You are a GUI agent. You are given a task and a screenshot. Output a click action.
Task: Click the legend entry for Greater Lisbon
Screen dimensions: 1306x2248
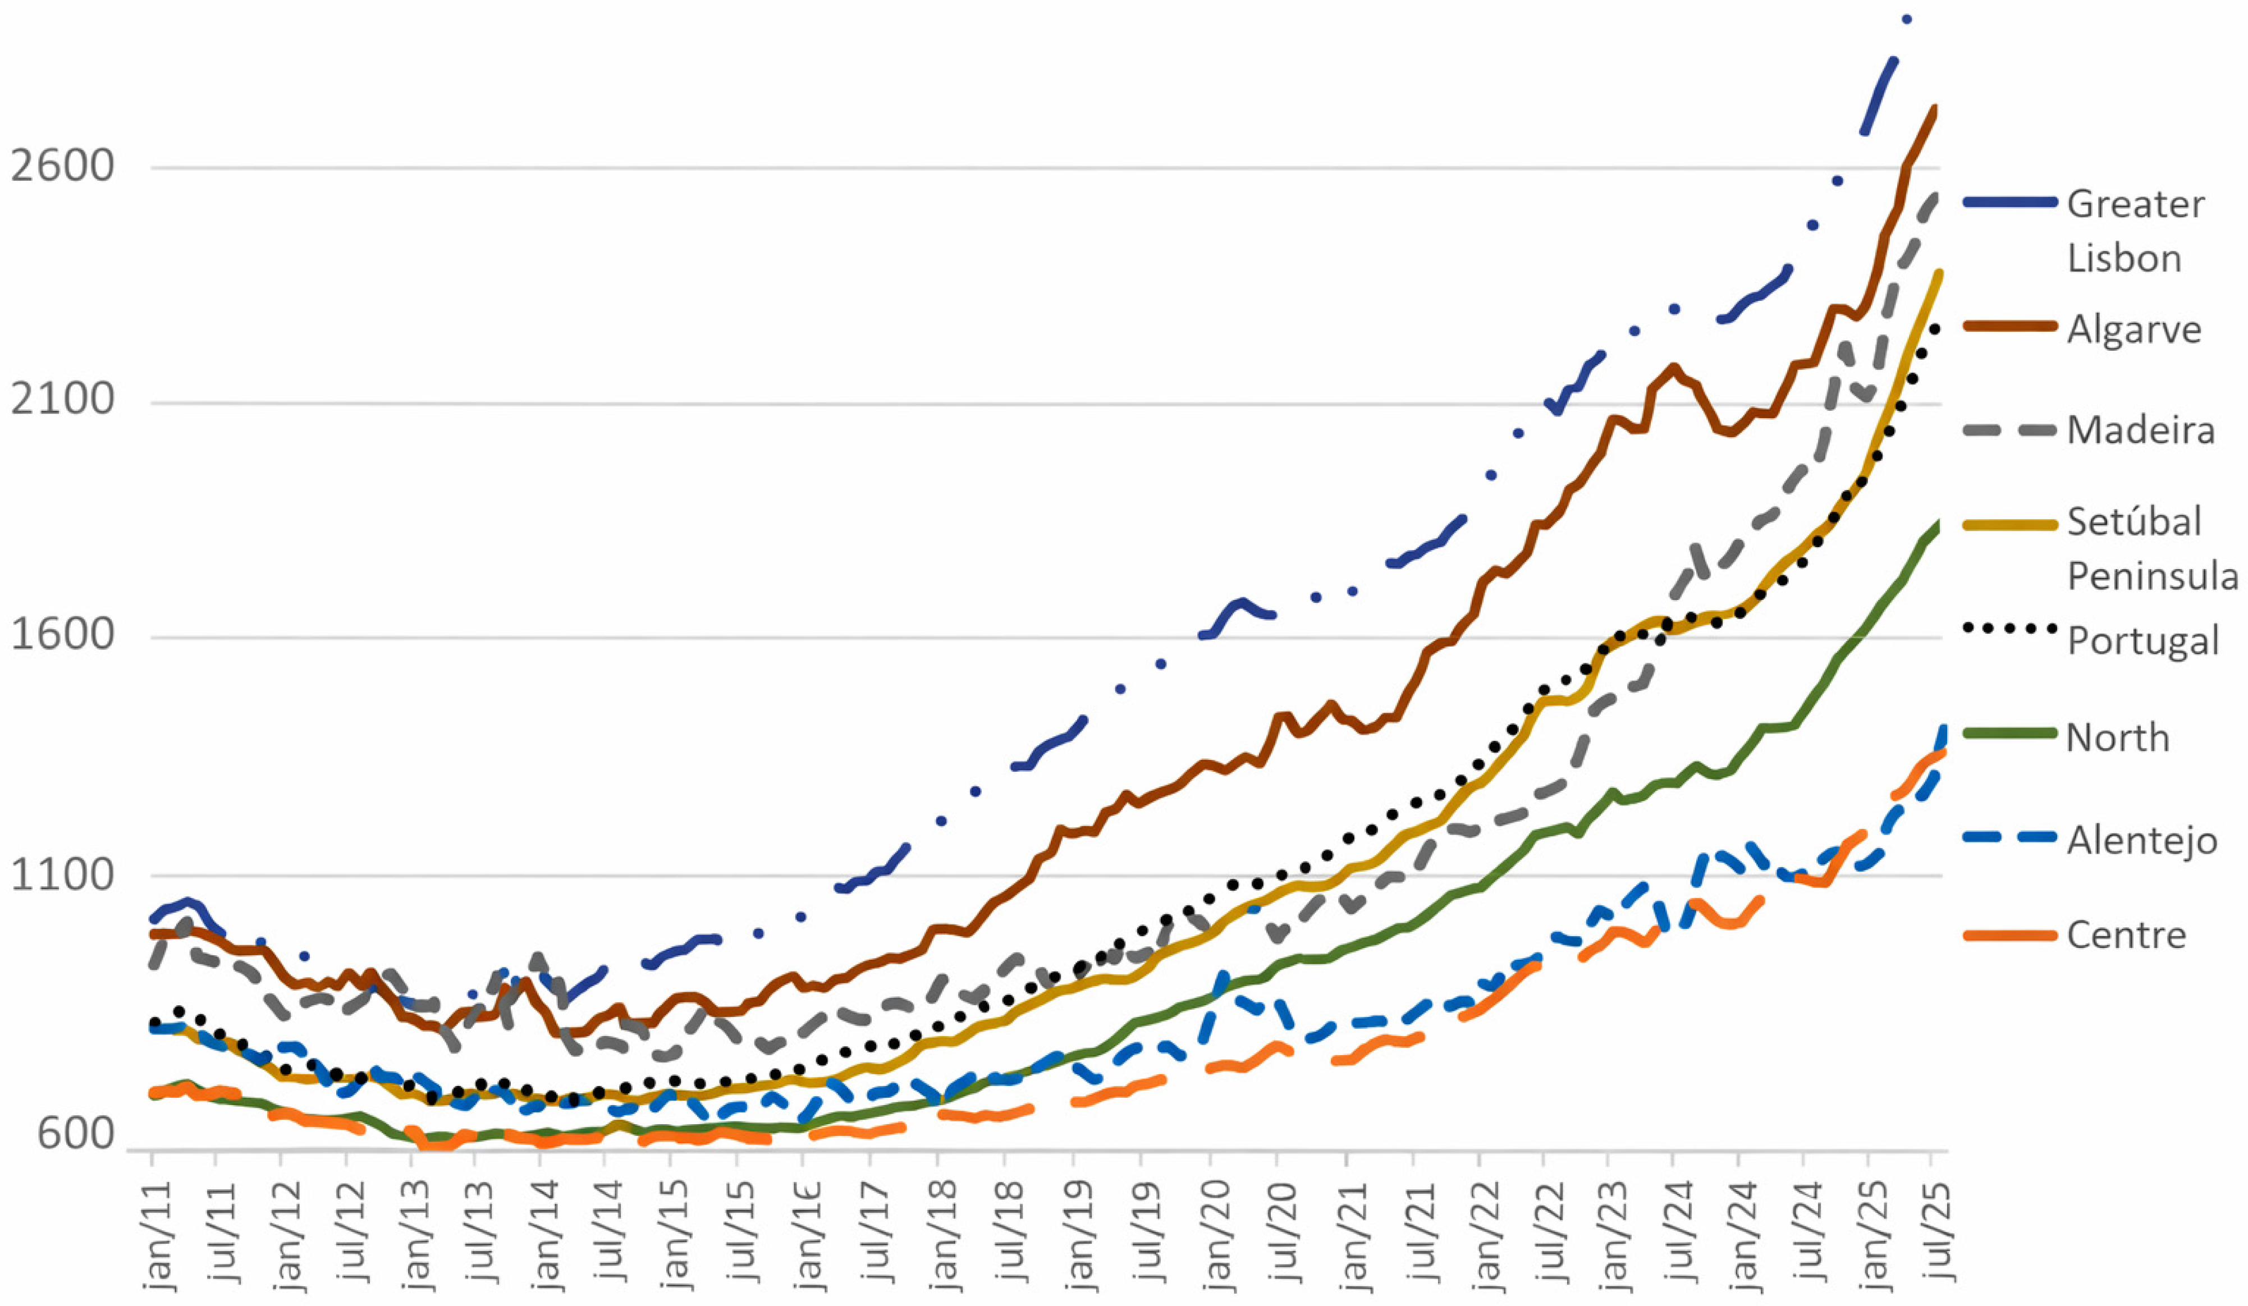tap(2135, 230)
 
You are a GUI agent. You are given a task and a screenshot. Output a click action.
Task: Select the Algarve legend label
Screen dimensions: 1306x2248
tap(2134, 329)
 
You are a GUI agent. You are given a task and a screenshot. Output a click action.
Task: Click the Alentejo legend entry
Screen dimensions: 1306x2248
tap(2141, 840)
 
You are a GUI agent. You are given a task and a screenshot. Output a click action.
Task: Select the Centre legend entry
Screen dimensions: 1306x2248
tap(2126, 935)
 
